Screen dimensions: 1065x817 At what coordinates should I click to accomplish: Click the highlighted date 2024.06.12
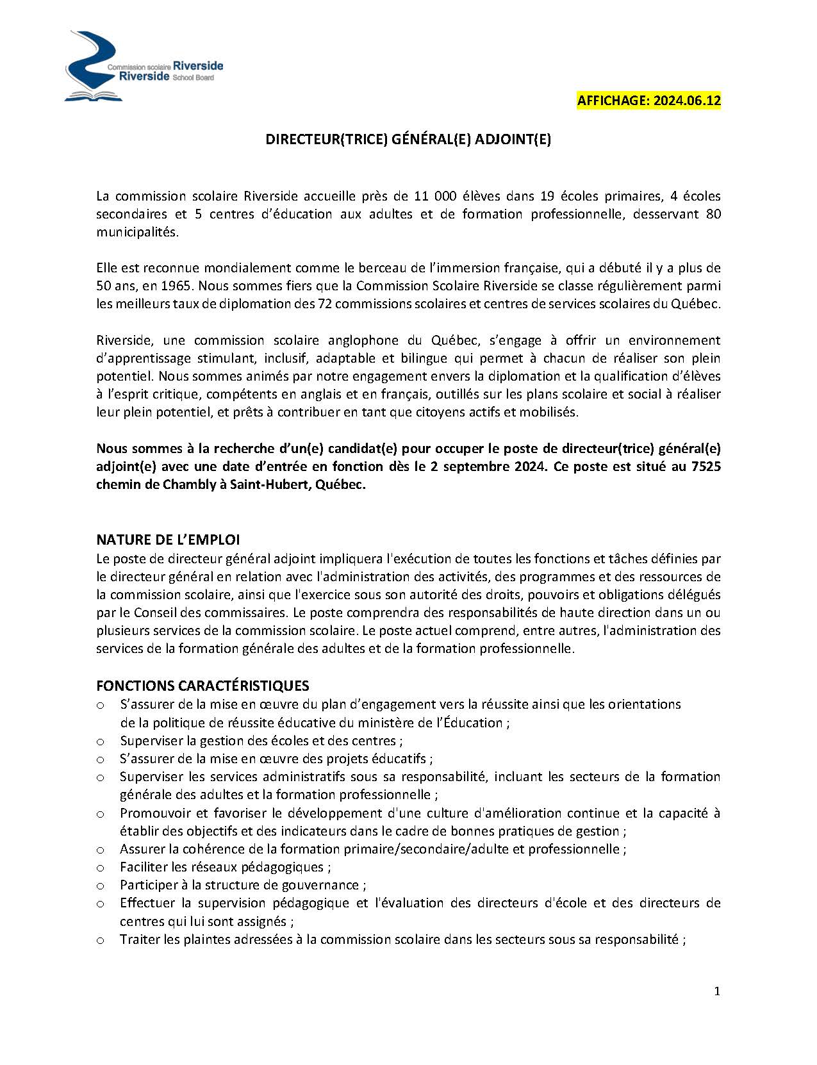(x=687, y=101)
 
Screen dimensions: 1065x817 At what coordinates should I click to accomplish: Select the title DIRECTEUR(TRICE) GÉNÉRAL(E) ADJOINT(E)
(x=408, y=140)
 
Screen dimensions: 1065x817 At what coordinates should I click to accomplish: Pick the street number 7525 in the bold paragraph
(x=706, y=466)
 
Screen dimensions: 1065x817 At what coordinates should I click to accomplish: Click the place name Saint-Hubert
(x=272, y=484)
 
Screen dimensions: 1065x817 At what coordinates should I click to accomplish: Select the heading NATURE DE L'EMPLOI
(x=168, y=540)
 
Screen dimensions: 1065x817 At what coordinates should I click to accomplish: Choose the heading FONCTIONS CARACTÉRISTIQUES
(x=202, y=686)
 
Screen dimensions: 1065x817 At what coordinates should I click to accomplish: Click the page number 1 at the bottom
(x=717, y=991)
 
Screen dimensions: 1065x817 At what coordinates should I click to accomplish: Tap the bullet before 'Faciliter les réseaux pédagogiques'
(x=101, y=868)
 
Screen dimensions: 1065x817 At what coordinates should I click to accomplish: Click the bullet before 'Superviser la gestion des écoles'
(x=101, y=741)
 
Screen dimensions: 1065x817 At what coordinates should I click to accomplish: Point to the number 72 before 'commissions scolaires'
(x=324, y=304)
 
